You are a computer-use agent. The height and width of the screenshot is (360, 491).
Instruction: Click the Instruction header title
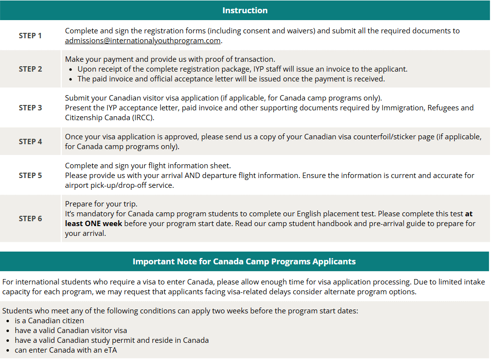click(x=245, y=10)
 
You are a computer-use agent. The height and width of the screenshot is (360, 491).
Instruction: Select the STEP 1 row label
click(x=30, y=35)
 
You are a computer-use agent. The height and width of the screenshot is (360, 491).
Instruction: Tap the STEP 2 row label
click(x=30, y=69)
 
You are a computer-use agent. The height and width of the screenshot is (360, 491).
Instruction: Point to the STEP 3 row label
click(x=30, y=108)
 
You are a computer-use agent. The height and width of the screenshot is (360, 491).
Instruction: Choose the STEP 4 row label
click(x=30, y=141)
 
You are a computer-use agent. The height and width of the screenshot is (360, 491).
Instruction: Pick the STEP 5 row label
click(x=30, y=175)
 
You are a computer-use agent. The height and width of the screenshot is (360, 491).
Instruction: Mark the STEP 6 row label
click(x=30, y=218)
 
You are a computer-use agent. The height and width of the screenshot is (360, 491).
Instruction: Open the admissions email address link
click(x=143, y=41)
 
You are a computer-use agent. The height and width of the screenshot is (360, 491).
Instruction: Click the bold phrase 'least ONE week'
click(x=93, y=224)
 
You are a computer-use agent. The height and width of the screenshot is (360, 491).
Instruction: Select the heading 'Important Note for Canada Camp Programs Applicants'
click(x=244, y=261)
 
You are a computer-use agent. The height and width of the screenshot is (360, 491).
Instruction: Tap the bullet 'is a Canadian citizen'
click(x=49, y=321)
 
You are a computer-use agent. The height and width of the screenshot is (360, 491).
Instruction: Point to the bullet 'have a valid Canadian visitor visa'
click(x=71, y=331)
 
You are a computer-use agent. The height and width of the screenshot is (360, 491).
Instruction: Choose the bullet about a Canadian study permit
click(x=111, y=340)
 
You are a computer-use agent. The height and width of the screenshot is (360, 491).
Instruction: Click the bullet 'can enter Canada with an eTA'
click(x=66, y=350)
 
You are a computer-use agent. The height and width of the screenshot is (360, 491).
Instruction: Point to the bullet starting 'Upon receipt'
click(x=242, y=69)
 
